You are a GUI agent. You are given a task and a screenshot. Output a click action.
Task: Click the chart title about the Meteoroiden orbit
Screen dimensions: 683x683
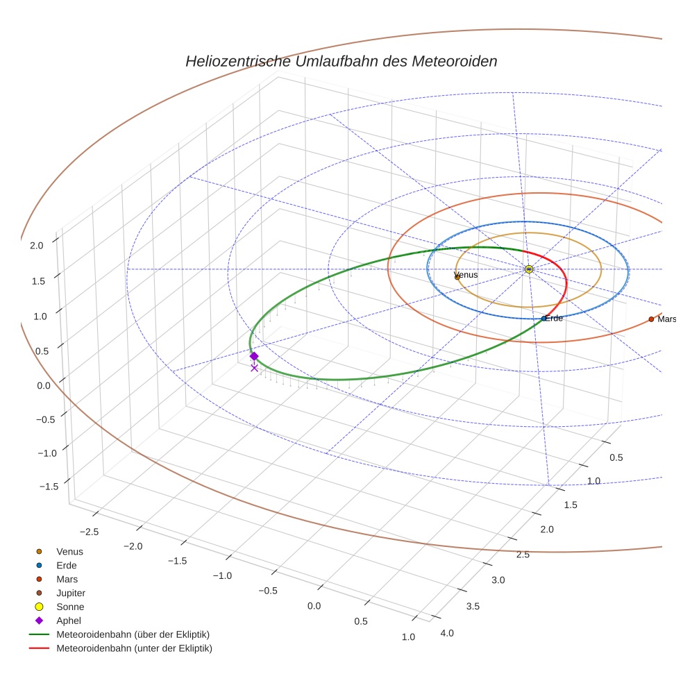tap(341, 61)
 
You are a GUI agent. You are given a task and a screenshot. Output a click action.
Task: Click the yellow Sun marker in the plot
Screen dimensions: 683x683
tap(529, 269)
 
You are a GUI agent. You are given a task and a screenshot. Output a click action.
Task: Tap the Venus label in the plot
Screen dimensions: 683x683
tap(466, 276)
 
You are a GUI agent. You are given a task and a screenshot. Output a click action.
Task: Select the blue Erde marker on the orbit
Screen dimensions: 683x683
tap(543, 319)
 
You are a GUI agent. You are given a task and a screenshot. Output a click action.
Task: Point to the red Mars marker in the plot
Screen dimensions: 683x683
tap(651, 319)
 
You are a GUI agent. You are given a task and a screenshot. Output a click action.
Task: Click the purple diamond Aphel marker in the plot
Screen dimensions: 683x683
tap(254, 356)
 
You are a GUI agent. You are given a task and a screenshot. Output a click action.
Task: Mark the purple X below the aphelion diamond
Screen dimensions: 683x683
tap(254, 368)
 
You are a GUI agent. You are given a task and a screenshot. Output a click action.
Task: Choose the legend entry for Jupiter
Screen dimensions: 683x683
tap(70, 593)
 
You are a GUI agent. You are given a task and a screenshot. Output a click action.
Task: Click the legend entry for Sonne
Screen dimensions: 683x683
tap(70, 607)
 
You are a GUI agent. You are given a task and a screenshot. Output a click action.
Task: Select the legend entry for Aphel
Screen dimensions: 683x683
tap(69, 621)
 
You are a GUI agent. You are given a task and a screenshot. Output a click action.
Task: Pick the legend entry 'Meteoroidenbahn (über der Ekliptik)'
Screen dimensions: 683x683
tap(133, 634)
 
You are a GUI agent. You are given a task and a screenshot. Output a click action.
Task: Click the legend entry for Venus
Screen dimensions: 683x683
tap(69, 551)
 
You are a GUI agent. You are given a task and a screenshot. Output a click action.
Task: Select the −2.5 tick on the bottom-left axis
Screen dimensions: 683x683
tap(91, 532)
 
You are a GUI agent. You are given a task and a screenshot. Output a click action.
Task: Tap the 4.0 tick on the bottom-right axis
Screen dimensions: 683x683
tap(446, 633)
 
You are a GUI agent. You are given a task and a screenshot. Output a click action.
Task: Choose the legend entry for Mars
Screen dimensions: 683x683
tap(67, 579)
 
